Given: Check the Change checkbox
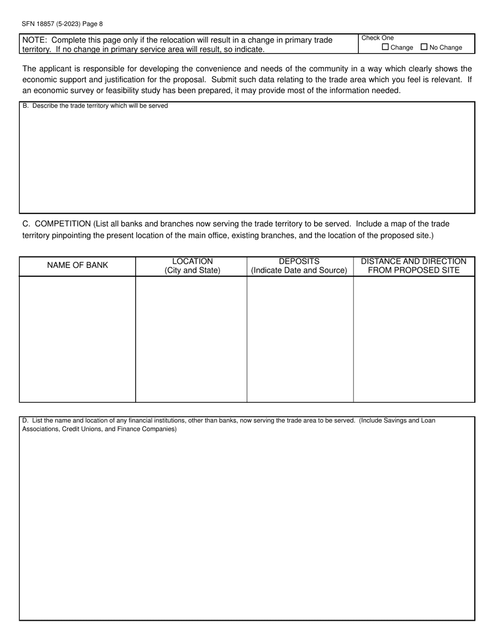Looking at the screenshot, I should (x=385, y=47).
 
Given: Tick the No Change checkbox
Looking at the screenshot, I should (x=424, y=47).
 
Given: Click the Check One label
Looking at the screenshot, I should (x=378, y=38).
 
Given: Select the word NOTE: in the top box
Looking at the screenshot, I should (x=35, y=40).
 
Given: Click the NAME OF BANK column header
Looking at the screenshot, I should (x=77, y=265).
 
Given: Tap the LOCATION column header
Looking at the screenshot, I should (x=192, y=261).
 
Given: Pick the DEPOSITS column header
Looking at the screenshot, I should (x=299, y=261).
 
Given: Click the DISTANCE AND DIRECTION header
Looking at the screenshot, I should (x=413, y=261).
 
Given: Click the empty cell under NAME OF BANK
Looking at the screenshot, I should (x=77, y=338).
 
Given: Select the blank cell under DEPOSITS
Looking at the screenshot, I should (x=300, y=338).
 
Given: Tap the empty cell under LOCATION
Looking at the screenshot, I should (x=191, y=338).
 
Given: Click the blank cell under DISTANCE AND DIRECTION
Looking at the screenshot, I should (x=414, y=338).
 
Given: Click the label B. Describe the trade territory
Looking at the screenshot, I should (x=95, y=106).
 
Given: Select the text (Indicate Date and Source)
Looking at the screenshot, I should (x=299, y=271).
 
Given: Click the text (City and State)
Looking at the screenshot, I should (x=192, y=271).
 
